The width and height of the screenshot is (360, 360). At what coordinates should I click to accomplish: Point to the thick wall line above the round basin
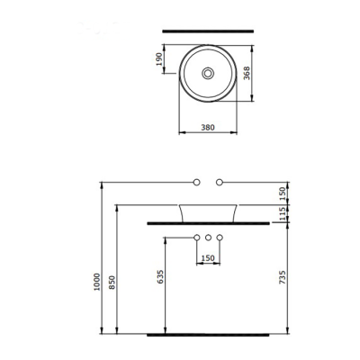click(208, 31)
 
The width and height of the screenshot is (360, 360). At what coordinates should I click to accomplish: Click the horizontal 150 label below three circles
click(208, 259)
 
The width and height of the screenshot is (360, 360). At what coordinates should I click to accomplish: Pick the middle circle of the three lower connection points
click(208, 238)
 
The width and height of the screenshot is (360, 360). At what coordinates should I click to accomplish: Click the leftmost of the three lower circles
click(196, 238)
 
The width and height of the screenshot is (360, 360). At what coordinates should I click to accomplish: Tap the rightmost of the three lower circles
click(220, 238)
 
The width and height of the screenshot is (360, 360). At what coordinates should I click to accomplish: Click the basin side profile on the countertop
click(208, 213)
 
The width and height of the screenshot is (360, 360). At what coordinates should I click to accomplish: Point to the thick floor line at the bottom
click(208, 333)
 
